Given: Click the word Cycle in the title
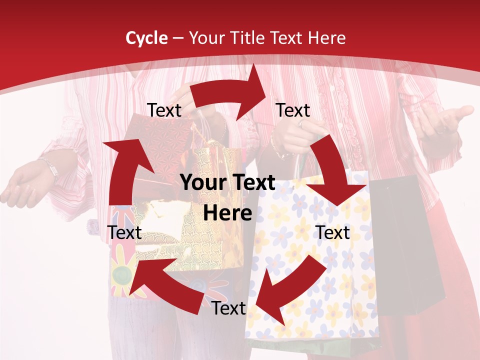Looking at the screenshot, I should coord(146,38).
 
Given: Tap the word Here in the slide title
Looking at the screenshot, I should coord(326,38).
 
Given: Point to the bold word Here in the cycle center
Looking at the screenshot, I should coord(227,213).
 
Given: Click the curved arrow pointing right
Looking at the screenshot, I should coord(230,94).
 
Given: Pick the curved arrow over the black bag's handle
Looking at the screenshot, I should coord(335,170).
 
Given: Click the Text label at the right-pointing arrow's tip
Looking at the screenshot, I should coord(293,110).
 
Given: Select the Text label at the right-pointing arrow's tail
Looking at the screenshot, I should coord(164,110).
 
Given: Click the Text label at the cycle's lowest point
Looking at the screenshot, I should coord(228,308).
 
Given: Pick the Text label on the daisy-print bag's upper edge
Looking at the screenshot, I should coord(333,232).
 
